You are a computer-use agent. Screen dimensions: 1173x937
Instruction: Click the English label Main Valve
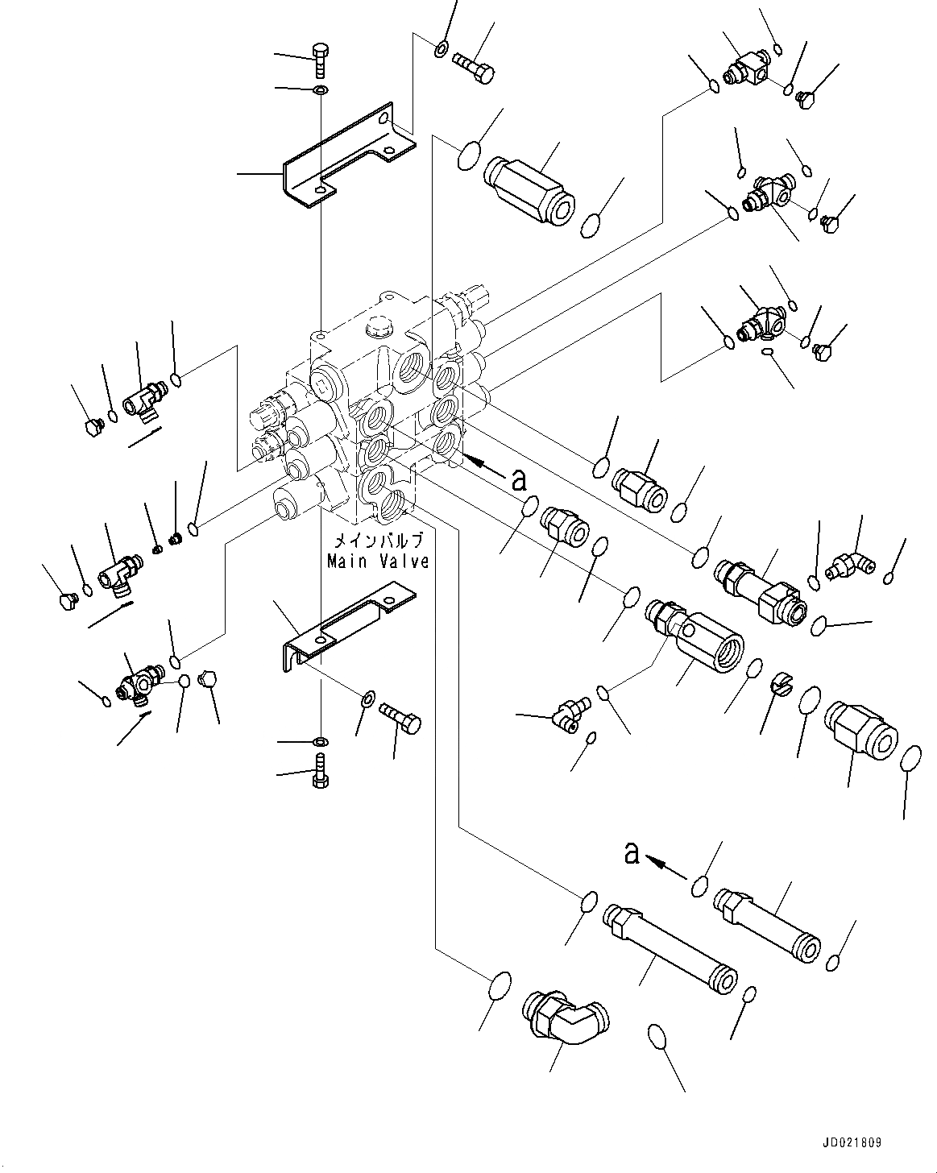378,561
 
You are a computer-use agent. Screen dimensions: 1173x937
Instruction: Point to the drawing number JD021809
852,1142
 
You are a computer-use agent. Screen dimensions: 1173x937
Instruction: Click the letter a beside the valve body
520,480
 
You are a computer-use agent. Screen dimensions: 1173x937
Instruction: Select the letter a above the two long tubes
632,852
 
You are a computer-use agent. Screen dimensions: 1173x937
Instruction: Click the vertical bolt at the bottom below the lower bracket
321,771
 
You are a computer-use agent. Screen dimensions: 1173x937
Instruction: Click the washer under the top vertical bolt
320,88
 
